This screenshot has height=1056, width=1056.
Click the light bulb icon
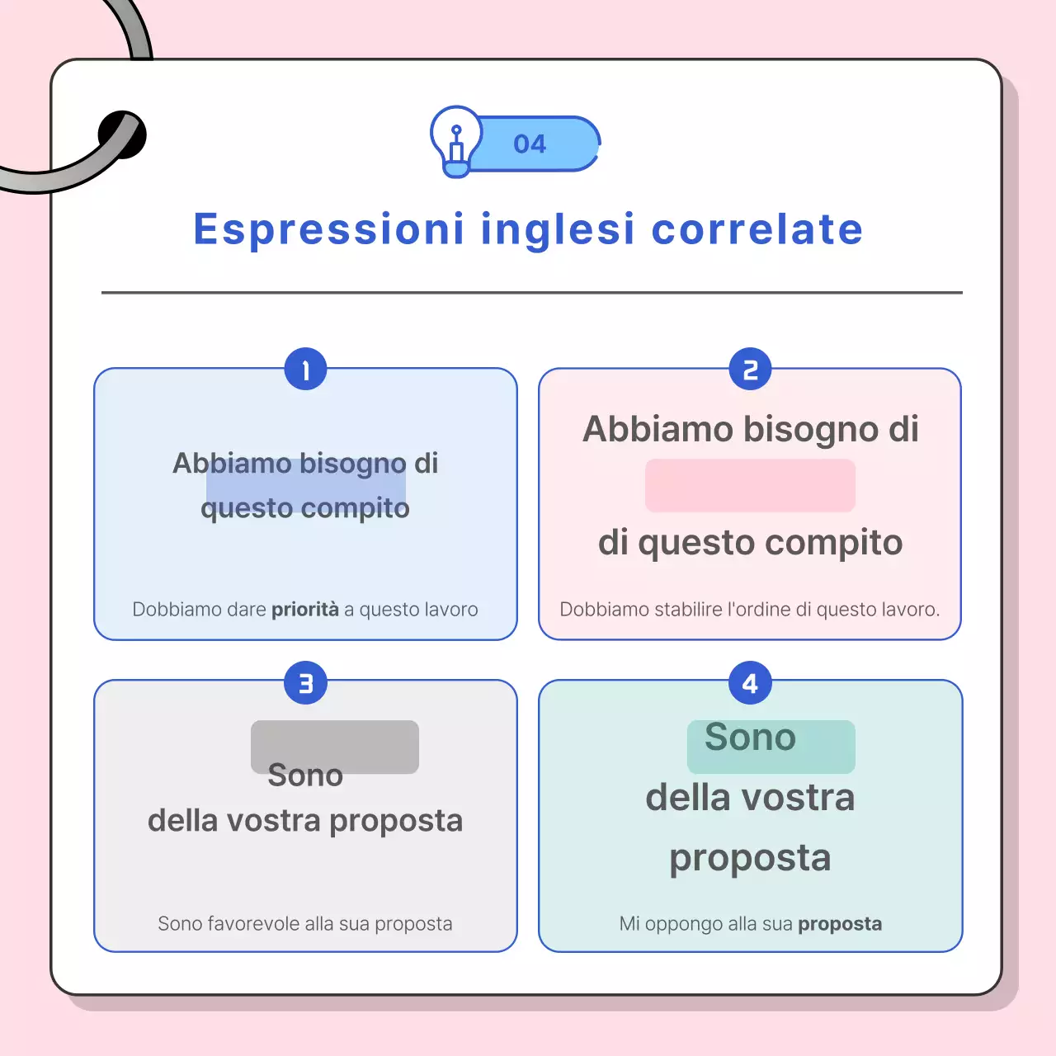pos(455,141)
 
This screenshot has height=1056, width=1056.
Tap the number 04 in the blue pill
pos(530,144)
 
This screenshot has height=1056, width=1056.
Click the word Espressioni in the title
pos(329,229)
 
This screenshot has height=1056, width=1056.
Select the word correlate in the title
pos(757,229)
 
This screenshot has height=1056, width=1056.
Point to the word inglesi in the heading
pos(558,229)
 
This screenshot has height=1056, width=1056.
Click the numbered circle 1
pos(305,370)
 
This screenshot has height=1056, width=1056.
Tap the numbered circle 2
pos(750,370)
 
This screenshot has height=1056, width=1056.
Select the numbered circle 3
pos(305,683)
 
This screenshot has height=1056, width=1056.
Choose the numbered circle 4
pos(750,683)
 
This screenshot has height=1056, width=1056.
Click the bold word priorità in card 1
pos(305,610)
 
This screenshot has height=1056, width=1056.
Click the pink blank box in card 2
pos(750,485)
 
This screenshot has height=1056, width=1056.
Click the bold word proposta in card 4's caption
pos(840,924)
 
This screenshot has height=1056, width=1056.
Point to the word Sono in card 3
pos(305,775)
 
